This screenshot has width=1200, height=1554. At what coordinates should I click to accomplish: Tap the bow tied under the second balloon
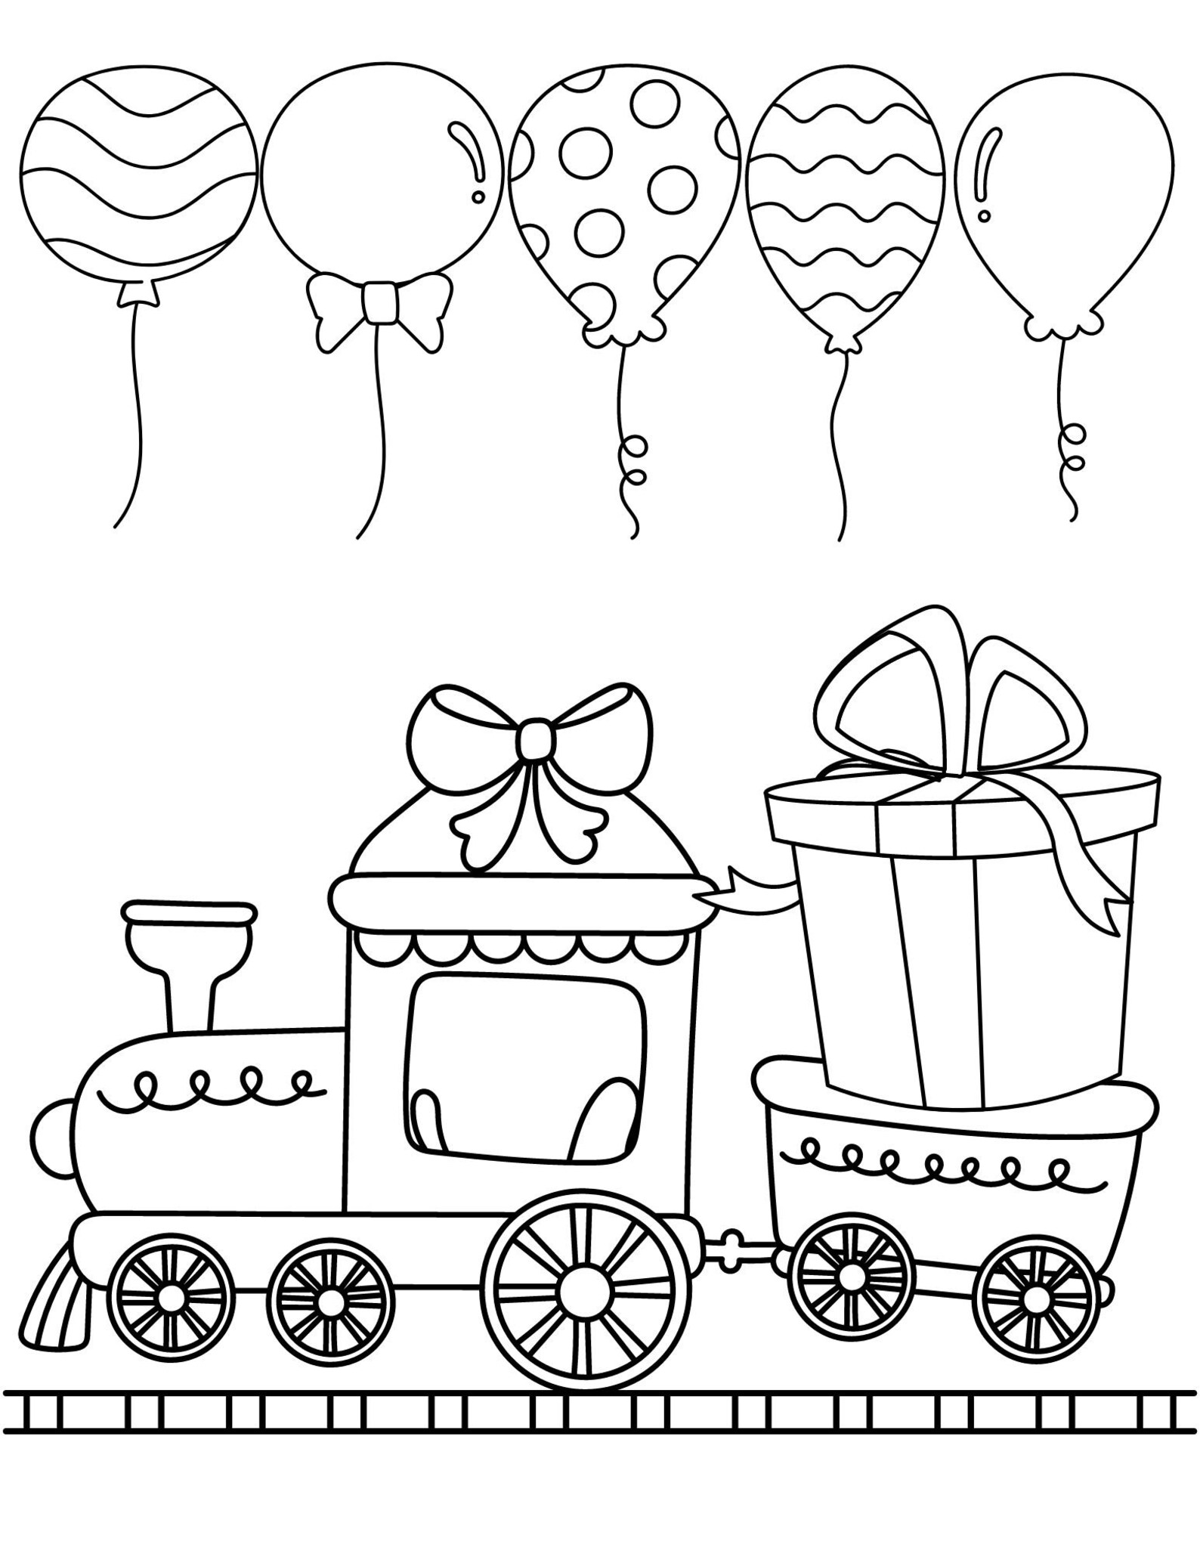379,302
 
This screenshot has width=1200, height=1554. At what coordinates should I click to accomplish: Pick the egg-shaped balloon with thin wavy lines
845,212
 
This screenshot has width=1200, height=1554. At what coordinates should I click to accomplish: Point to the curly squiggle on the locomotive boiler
212,1086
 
